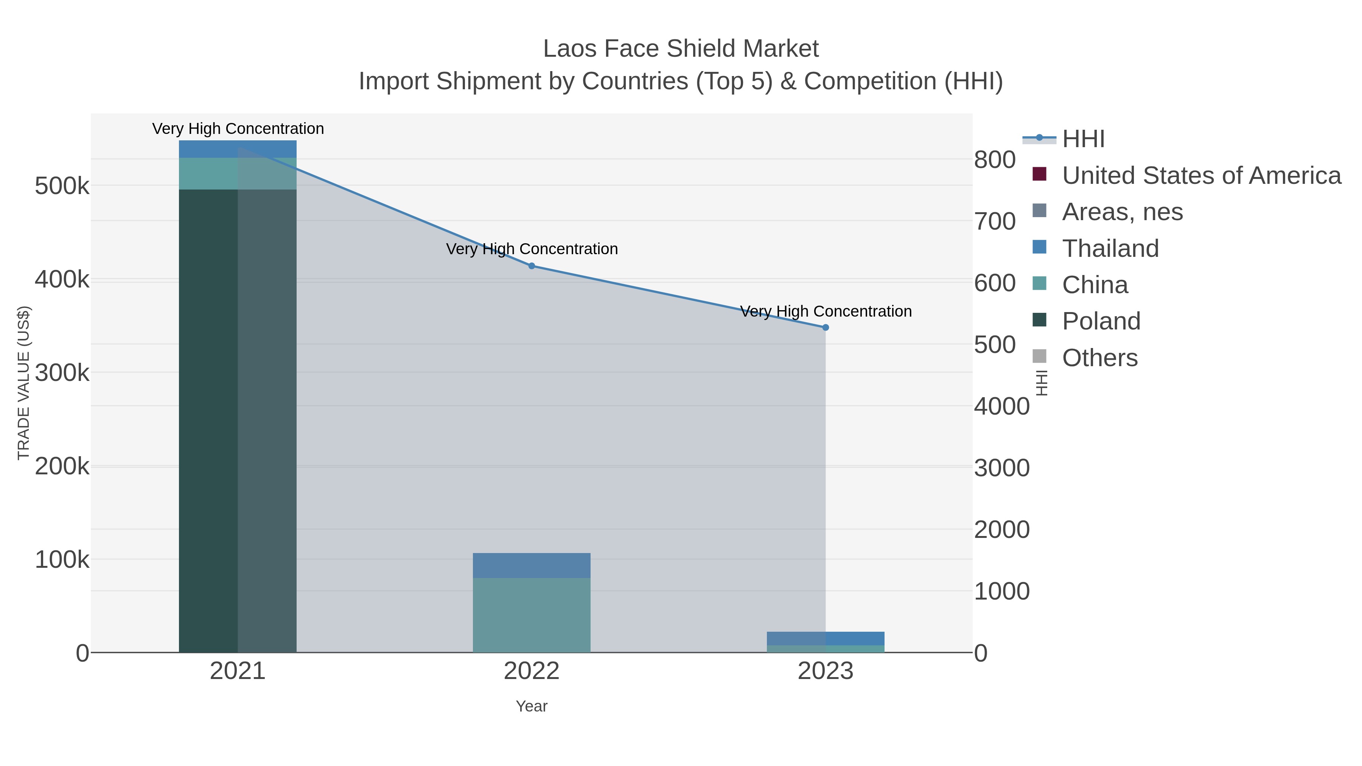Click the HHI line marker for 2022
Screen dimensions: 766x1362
532,266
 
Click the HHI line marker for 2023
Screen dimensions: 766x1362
826,327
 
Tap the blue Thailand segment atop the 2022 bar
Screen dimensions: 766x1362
532,565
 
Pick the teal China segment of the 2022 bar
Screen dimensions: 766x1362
532,615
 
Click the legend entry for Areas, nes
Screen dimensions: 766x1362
1122,212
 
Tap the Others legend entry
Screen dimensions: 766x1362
1099,358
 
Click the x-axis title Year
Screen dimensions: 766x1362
532,706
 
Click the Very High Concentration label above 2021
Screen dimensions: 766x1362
238,129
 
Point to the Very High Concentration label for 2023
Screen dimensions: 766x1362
826,311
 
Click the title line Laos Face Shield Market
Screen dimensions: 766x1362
681,49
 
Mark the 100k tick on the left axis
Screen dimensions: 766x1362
62,560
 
